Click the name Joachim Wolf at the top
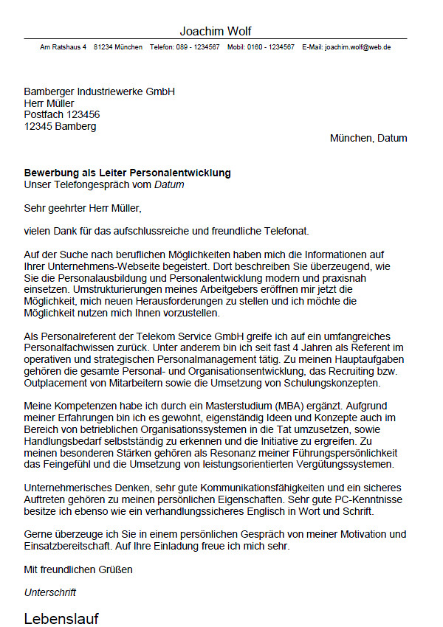216,31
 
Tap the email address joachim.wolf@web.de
357,46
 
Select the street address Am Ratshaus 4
63,46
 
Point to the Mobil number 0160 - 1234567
272,46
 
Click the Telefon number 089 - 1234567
197,46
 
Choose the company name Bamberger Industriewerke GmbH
99,91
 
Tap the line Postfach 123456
62,114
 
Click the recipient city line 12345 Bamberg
60,126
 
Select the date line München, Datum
368,138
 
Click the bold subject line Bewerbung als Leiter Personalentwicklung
127,173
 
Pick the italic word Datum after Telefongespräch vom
169,184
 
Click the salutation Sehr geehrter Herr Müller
82,208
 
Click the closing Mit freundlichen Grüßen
78,569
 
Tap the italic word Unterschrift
50,592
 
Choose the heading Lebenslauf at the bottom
61,618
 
